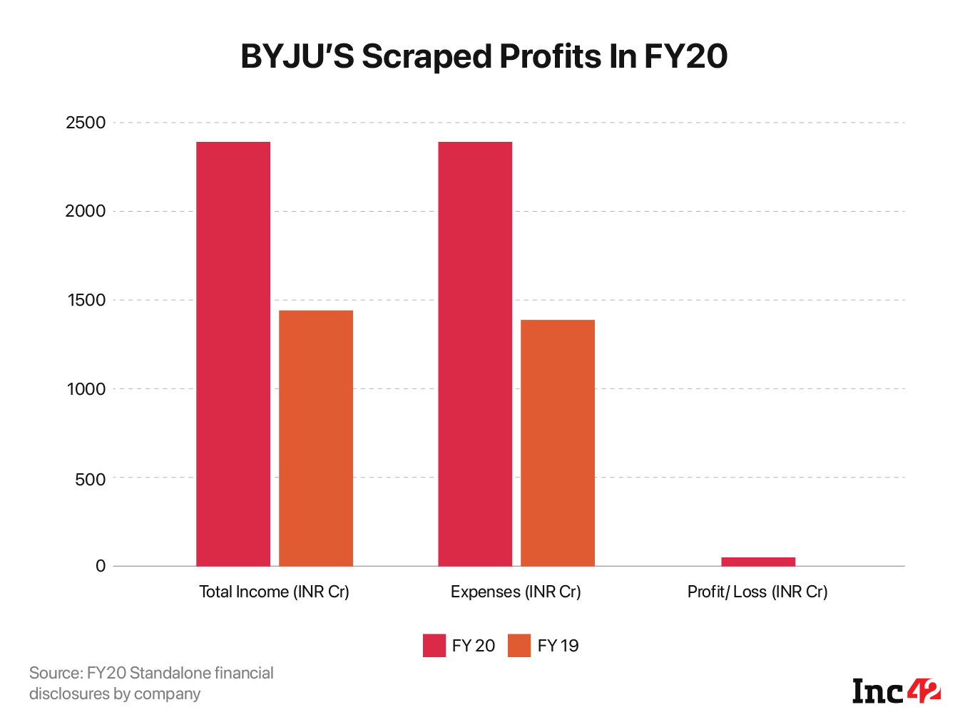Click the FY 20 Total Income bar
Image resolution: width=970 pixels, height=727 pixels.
(x=233, y=354)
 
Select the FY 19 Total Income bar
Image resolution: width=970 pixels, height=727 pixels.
(x=316, y=438)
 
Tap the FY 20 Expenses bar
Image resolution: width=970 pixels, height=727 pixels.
(x=475, y=354)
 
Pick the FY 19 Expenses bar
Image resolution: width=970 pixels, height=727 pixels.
(x=558, y=443)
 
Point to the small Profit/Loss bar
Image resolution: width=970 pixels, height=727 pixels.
(x=758, y=562)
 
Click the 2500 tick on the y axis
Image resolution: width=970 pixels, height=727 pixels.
(x=86, y=123)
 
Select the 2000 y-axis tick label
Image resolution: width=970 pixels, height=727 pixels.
(x=86, y=211)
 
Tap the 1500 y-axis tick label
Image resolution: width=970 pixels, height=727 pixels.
(x=86, y=300)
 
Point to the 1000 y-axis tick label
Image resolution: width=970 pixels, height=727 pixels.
(x=86, y=389)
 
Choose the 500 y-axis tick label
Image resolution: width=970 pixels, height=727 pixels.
(x=90, y=479)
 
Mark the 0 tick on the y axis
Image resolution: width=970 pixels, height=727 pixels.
(x=101, y=566)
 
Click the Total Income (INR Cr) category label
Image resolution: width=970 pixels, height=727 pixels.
(x=274, y=592)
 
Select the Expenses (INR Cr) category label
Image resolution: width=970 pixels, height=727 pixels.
(x=516, y=592)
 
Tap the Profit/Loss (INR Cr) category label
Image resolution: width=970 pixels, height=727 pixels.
(x=757, y=592)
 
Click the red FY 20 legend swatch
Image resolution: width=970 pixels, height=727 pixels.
(x=434, y=646)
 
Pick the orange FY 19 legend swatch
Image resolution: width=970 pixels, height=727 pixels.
(x=519, y=646)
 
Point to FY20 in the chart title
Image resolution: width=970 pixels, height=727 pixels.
(x=685, y=57)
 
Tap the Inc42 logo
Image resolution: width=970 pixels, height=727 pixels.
(x=897, y=691)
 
